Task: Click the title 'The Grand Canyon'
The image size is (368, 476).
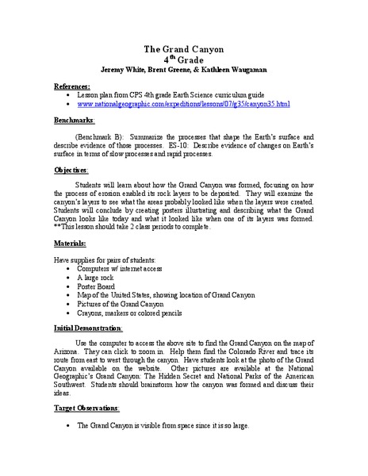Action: [x=184, y=49]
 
